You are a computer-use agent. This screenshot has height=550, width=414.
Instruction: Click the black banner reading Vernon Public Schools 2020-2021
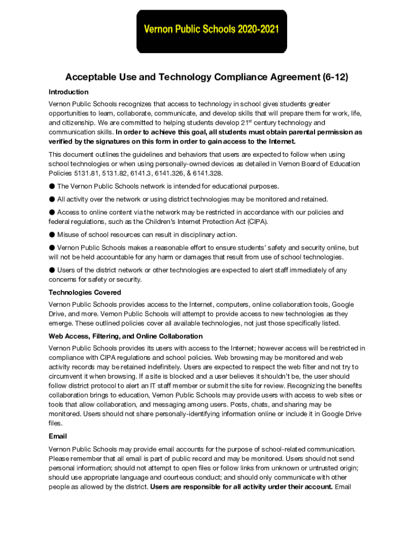(211, 31)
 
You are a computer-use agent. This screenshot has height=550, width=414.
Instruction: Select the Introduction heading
(68, 92)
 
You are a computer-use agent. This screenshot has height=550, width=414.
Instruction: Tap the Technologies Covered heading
(84, 293)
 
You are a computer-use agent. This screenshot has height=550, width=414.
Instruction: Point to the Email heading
(58, 437)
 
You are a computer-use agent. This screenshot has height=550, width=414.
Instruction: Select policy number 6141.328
(208, 173)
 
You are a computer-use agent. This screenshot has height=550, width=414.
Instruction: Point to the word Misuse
(68, 235)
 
